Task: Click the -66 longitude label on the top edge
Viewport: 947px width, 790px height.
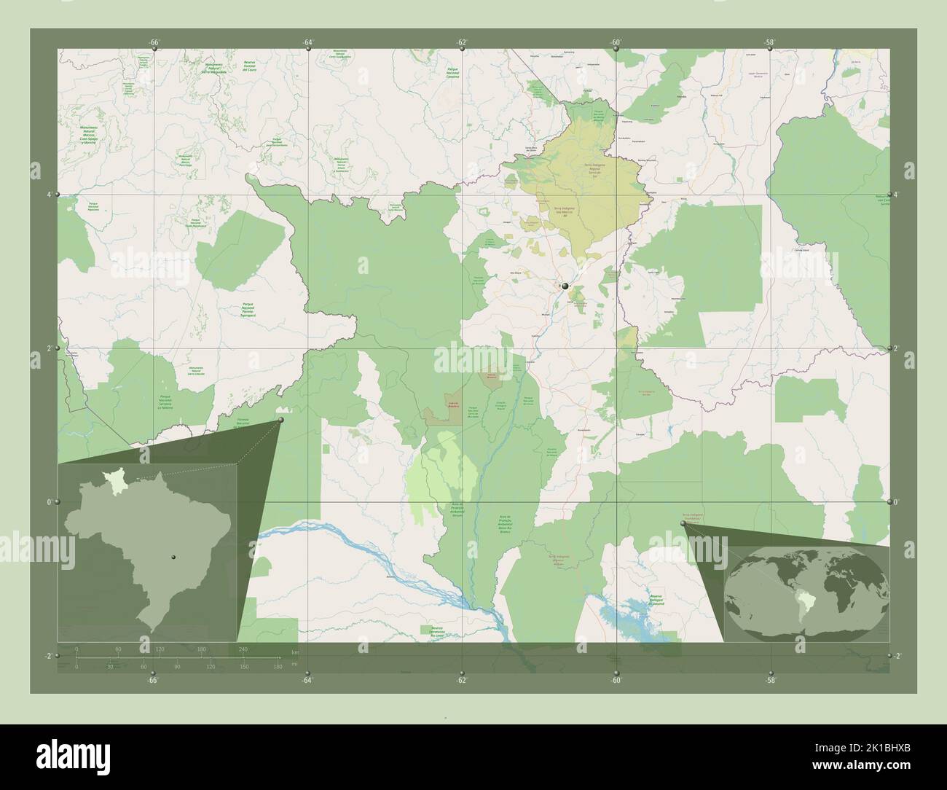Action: [154, 42]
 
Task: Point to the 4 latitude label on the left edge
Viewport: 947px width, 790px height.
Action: [49, 195]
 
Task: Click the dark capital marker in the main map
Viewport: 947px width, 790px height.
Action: [565, 286]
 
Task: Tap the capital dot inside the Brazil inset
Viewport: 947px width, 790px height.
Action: [173, 557]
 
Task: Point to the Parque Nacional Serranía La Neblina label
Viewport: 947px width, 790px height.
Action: [170, 401]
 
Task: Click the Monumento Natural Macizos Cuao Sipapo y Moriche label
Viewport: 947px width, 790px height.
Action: [90, 135]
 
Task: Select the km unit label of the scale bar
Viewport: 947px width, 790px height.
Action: [294, 651]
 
